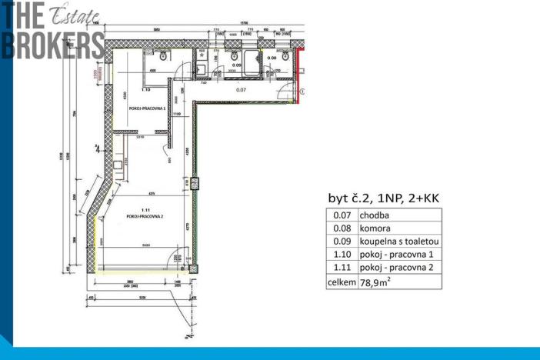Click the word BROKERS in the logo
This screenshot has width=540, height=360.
[x=52, y=44]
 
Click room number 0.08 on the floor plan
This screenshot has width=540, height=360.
[x=272, y=58]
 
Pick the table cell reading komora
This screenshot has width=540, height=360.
[x=376, y=228]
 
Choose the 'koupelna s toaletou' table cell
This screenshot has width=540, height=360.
[x=398, y=242]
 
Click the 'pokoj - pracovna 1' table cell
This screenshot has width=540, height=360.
[x=395, y=255]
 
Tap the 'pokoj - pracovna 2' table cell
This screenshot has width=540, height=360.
[x=395, y=268]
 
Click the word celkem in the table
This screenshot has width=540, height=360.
[x=342, y=282]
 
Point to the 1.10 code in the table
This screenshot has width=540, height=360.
[x=342, y=255]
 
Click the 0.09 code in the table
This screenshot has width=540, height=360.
[x=342, y=242]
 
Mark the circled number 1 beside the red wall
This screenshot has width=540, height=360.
[x=302, y=91]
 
